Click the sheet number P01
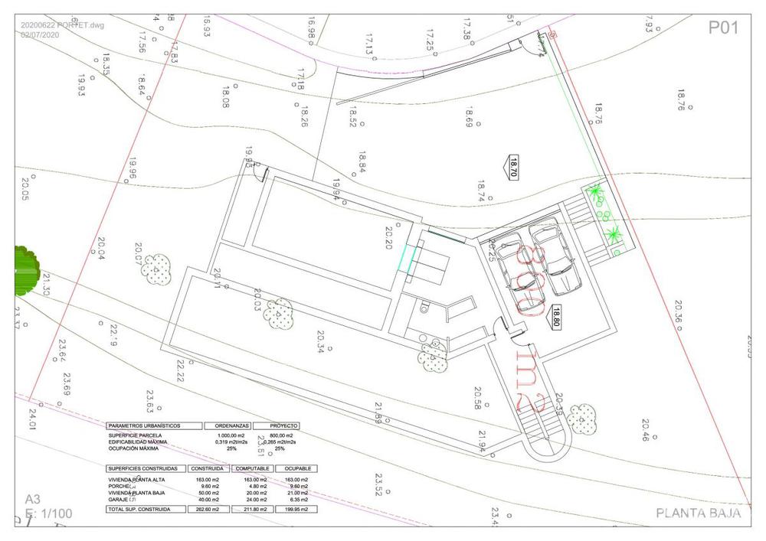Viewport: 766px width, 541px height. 722,28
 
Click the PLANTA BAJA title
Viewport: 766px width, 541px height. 699,513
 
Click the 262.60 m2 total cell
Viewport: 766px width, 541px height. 208,509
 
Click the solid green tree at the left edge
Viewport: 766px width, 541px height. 26,270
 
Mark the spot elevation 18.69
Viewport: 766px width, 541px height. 470,117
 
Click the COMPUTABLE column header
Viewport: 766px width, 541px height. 252,468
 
